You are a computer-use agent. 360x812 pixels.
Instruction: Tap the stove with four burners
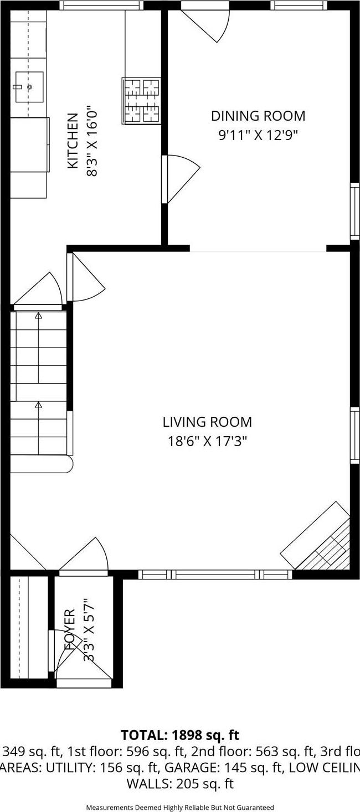coord(141,100)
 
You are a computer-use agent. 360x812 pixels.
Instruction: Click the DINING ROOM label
coord(258,116)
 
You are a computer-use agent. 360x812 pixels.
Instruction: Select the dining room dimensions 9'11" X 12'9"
coord(258,136)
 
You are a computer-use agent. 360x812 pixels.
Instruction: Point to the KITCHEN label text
coord(73,141)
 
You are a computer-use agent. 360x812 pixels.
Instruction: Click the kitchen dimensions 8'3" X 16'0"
coord(92,142)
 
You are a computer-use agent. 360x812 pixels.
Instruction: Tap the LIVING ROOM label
coord(207,422)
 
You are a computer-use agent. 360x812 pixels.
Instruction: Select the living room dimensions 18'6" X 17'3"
coord(207,441)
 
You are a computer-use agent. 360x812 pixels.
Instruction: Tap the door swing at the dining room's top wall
coord(208,22)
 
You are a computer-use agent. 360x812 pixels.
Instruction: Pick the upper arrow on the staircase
coord(38,316)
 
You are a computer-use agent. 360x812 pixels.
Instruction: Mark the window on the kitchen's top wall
coord(101,6)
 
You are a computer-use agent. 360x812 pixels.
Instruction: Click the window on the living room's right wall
coord(354,435)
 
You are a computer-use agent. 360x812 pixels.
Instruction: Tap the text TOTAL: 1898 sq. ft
coord(180,735)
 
